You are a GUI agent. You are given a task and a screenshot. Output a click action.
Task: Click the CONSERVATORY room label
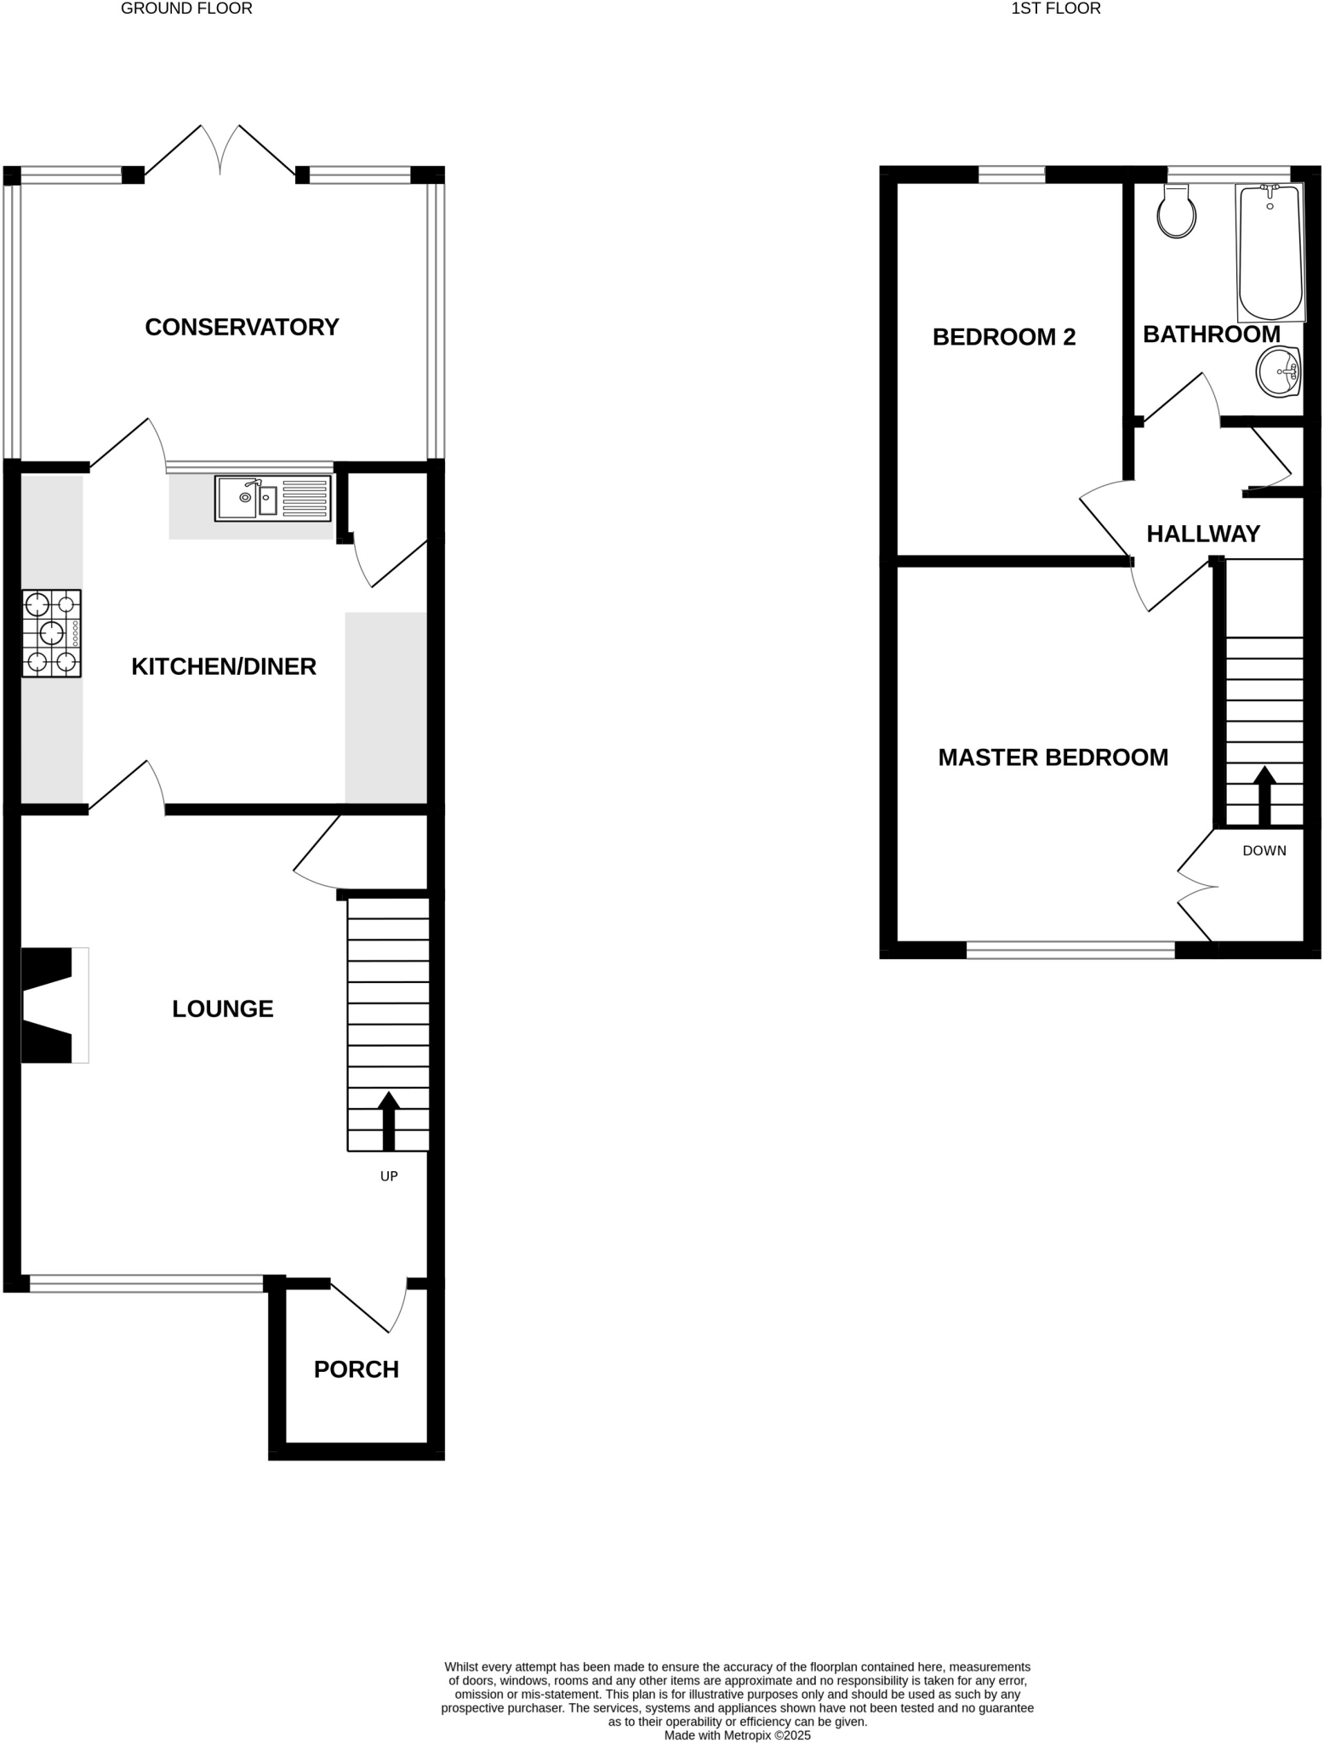[242, 327]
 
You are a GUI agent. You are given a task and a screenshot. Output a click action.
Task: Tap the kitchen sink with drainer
[272, 498]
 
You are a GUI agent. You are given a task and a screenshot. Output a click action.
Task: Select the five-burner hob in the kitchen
[52, 633]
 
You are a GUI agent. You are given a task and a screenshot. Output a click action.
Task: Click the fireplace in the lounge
[53, 1004]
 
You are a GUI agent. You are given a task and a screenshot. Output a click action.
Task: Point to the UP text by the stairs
[389, 1176]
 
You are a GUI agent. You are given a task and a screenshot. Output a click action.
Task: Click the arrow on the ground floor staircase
[389, 1119]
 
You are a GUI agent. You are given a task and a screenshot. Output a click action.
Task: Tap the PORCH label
[356, 1369]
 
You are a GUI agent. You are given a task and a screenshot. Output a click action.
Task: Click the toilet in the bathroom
[1176, 213]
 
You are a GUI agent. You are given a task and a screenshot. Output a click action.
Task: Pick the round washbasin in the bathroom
[1278, 372]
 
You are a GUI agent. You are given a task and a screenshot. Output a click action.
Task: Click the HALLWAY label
[1203, 534]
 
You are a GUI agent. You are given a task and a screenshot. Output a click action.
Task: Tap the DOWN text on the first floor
[1264, 850]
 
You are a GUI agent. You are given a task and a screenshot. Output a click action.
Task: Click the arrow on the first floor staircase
[1264, 794]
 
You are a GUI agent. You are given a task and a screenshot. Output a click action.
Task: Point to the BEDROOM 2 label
[1004, 337]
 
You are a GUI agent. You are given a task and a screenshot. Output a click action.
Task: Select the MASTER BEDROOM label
[1053, 757]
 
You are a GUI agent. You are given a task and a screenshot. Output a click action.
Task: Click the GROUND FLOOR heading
[186, 9]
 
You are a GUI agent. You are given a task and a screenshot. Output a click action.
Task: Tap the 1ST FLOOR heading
[1055, 9]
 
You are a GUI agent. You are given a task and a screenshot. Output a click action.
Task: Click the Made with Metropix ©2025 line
[737, 1734]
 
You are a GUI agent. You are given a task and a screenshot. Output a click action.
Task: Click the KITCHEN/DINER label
[224, 666]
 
